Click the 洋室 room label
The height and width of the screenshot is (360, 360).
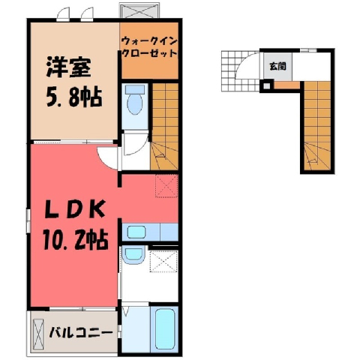pyautogui.click(x=68, y=67)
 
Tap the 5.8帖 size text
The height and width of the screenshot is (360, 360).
pyautogui.click(x=74, y=97)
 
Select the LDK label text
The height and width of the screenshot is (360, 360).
pyautogui.click(x=75, y=209)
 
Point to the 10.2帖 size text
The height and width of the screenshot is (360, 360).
pyautogui.click(x=76, y=240)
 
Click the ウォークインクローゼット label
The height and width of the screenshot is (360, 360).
pyautogui.click(x=149, y=47)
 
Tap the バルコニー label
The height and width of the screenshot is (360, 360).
pyautogui.click(x=80, y=332)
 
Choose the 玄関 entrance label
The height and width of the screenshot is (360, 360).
pyautogui.click(x=277, y=66)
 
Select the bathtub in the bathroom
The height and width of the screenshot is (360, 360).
pyautogui.click(x=165, y=329)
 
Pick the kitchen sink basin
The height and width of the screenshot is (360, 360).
pyautogui.click(x=136, y=232)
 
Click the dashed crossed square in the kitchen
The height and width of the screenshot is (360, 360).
pyautogui.click(x=166, y=186)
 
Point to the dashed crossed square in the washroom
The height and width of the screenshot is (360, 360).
pyautogui.click(x=163, y=261)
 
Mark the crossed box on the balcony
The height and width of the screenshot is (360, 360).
pyautogui.click(x=38, y=332)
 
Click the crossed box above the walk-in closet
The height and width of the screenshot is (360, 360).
pyautogui.click(x=139, y=10)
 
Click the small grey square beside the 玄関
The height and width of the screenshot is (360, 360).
pyautogui.click(x=267, y=86)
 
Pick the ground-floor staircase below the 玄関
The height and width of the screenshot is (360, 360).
pyautogui.click(x=317, y=126)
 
